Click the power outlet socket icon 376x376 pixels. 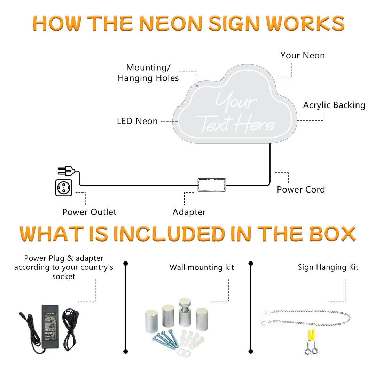(64, 188)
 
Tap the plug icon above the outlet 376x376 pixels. (66, 171)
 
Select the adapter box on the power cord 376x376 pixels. (212, 185)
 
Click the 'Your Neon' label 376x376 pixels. (303, 55)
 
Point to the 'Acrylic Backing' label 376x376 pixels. (334, 105)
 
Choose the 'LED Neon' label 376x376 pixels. (137, 121)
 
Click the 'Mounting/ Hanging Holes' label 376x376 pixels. (148, 73)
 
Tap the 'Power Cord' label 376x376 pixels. (301, 190)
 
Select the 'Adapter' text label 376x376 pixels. (189, 212)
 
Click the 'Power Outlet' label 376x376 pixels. (89, 212)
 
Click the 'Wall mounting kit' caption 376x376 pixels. (202, 267)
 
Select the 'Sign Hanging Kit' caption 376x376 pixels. (328, 267)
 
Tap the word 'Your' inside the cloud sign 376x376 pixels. (236, 102)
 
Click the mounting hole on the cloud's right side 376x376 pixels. (283, 100)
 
